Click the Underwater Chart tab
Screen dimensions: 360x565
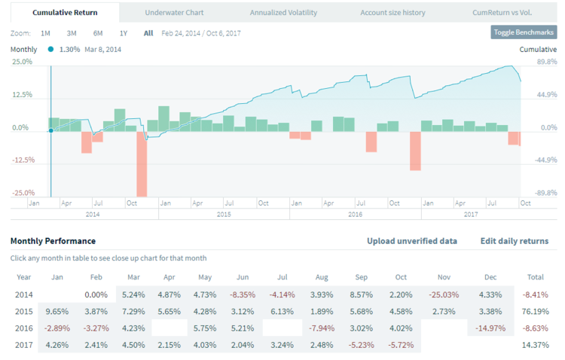pyautogui.click(x=174, y=13)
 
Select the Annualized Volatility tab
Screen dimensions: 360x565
pyautogui.click(x=283, y=13)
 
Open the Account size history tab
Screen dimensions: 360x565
pyautogui.click(x=392, y=13)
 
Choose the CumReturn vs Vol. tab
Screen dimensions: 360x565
pyautogui.click(x=502, y=13)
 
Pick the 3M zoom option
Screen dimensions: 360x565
pyautogui.click(x=72, y=33)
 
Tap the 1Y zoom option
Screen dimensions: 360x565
pyautogui.click(x=124, y=33)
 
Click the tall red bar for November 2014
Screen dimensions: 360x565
pyautogui.click(x=142, y=163)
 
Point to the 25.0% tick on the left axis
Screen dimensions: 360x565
pyautogui.click(x=22, y=62)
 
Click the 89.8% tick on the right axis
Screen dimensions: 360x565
pyautogui.click(x=536, y=62)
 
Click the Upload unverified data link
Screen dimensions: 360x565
pyautogui.click(x=411, y=241)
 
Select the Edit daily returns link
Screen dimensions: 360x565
pyautogui.click(x=515, y=241)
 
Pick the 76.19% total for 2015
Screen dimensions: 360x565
pyautogui.click(x=536, y=311)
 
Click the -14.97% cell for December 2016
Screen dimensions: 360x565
pyautogui.click(x=490, y=328)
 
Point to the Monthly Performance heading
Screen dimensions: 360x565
pyautogui.click(x=53, y=241)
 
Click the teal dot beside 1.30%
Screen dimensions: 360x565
pyautogui.click(x=50, y=49)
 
